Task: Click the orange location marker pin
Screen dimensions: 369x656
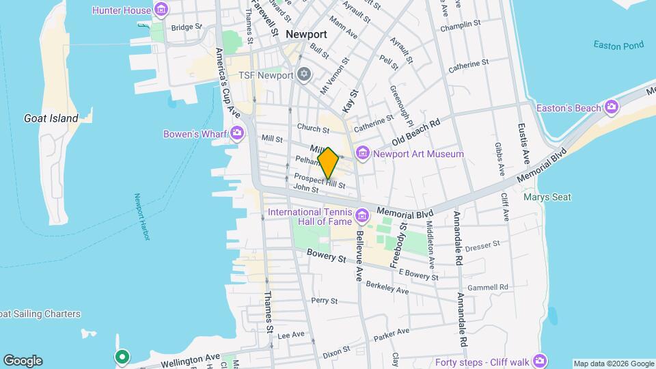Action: tap(328, 163)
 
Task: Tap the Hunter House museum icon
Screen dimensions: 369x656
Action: tap(161, 10)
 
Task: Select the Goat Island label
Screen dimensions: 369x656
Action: tap(51, 118)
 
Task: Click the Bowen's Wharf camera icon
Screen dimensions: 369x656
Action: tap(238, 133)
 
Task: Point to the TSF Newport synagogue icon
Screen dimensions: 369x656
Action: tap(305, 74)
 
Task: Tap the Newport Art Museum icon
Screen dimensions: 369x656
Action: tap(361, 154)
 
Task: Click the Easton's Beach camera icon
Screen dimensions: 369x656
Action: tap(611, 107)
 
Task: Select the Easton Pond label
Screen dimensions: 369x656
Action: tap(618, 46)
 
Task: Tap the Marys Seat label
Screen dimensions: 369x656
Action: tap(547, 197)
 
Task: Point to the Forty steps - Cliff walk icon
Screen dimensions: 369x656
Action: tap(541, 360)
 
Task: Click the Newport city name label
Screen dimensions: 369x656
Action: tap(306, 34)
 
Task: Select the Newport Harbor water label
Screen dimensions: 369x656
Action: tap(141, 217)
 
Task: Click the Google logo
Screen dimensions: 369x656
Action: tap(23, 361)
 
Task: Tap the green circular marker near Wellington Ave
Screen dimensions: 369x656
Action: tap(122, 357)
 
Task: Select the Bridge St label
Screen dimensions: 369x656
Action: tap(187, 27)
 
